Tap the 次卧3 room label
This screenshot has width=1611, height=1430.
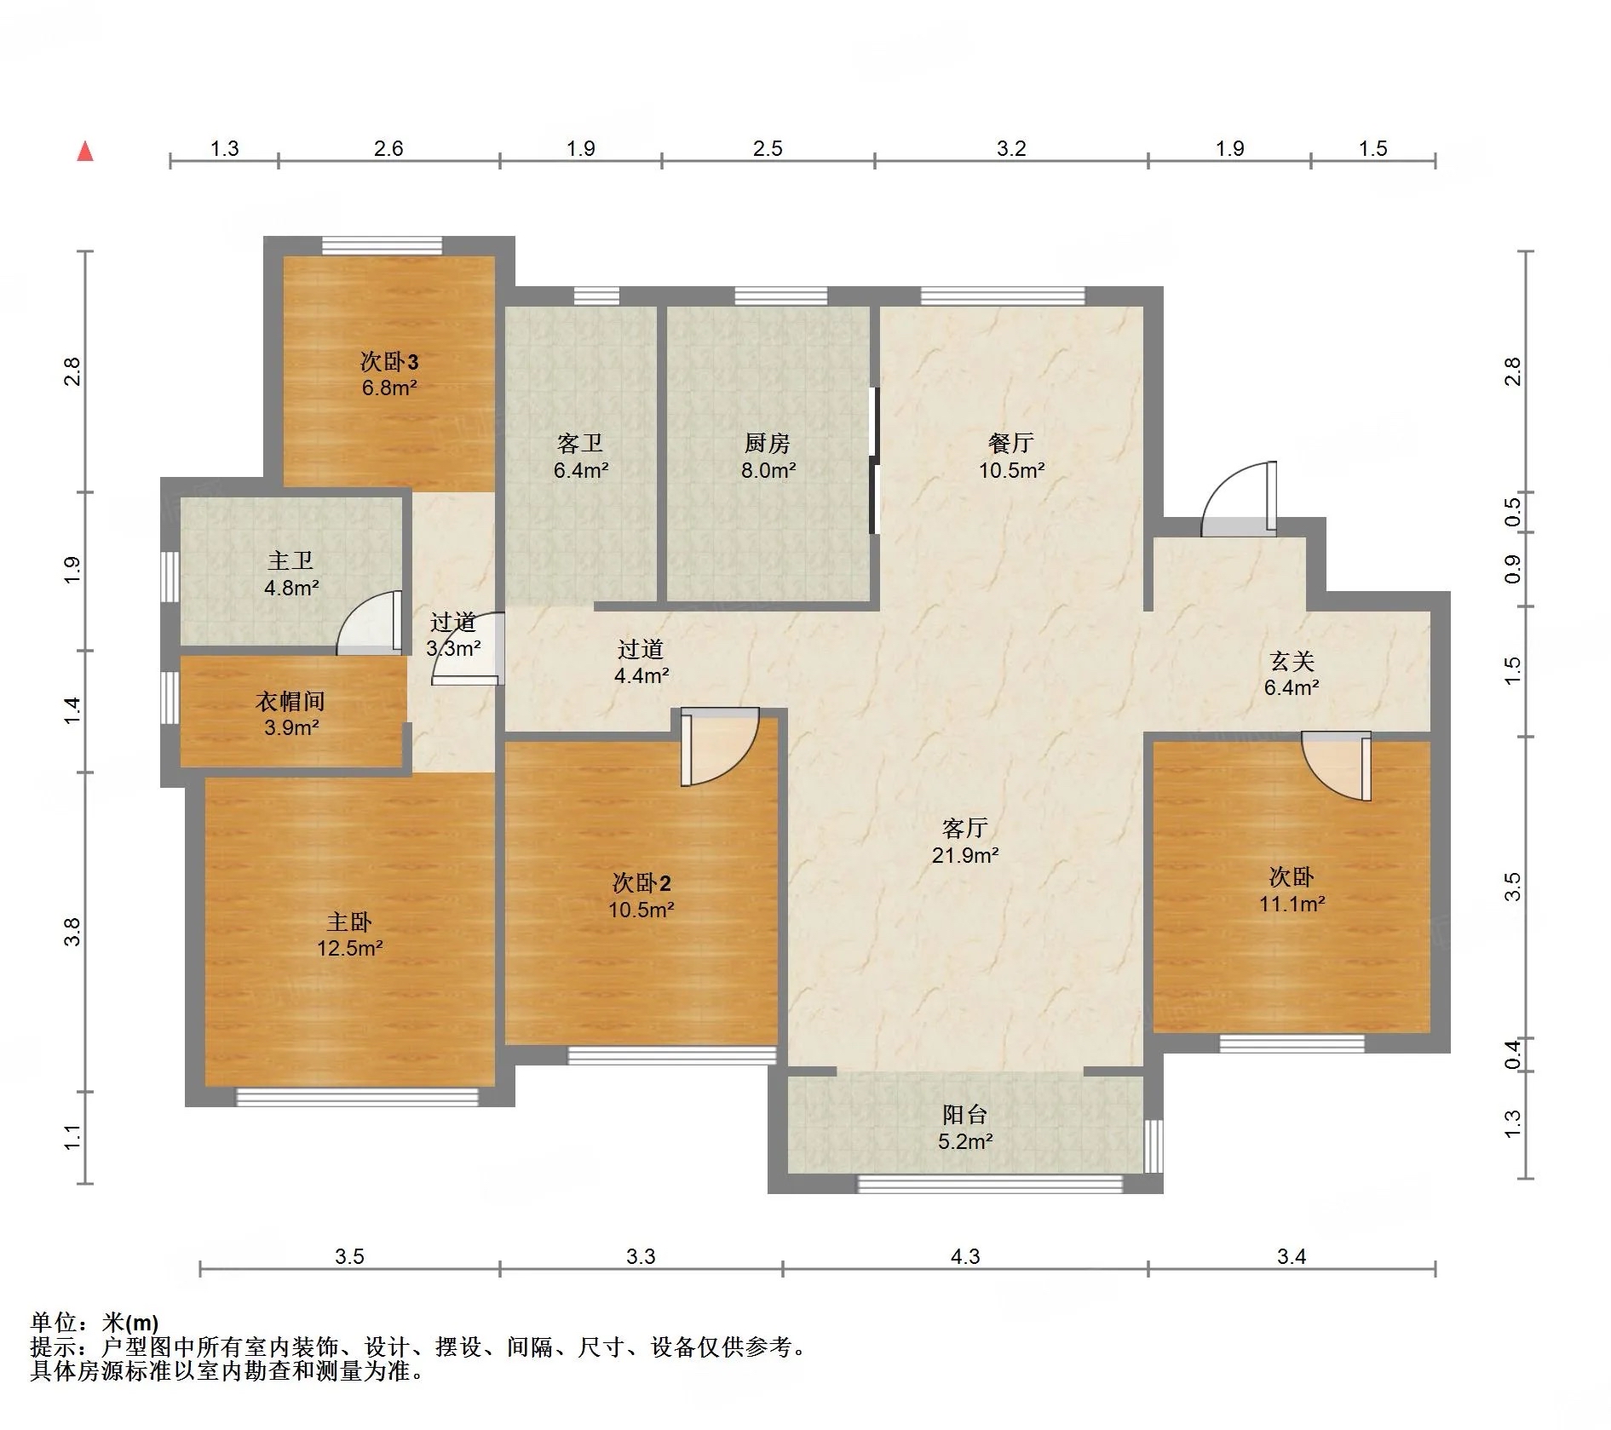pos(389,362)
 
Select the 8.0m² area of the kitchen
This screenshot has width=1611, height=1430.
pos(768,470)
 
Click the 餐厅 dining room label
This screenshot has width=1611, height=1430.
pos(1011,443)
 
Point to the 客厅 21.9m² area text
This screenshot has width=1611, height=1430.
pos(965,855)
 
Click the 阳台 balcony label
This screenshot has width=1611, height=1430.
pos(965,1115)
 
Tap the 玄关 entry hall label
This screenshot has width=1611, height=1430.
pos(1292,661)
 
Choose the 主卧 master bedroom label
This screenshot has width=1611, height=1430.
pos(349,922)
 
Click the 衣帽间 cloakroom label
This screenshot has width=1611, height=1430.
pos(291,701)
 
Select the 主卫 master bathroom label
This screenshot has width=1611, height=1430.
pos(291,560)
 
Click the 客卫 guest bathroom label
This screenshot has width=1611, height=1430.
pos(580,443)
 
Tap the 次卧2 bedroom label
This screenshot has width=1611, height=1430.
pos(642,882)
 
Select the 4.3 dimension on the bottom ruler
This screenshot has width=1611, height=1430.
pos(965,1256)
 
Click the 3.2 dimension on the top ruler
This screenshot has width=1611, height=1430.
pos(1011,149)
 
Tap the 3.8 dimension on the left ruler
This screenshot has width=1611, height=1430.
pos(73,932)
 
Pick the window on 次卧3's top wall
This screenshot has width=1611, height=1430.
pos(383,245)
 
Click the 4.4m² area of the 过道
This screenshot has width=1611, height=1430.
pos(642,676)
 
